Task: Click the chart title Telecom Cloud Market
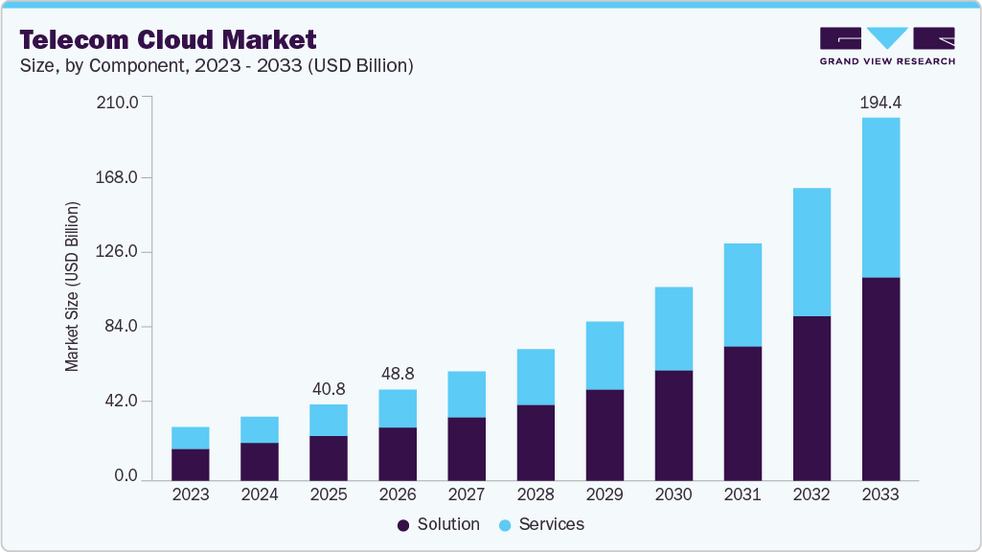(x=168, y=39)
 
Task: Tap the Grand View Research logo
(x=887, y=46)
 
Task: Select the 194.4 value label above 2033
(x=880, y=101)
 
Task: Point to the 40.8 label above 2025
(x=329, y=389)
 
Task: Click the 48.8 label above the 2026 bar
(x=398, y=374)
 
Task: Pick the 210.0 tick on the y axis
(x=118, y=103)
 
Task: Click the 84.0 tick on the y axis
(x=121, y=327)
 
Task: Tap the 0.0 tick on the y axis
(x=126, y=476)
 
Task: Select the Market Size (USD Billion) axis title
(x=72, y=287)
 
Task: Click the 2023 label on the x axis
(x=191, y=495)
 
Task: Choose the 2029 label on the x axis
(x=605, y=495)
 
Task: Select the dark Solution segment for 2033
(x=880, y=379)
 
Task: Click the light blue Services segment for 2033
(x=880, y=197)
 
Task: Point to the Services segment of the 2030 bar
(x=674, y=329)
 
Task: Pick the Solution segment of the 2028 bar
(x=536, y=442)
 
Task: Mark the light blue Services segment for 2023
(x=191, y=437)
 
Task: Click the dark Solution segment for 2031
(x=742, y=413)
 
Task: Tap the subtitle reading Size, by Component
(x=216, y=66)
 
